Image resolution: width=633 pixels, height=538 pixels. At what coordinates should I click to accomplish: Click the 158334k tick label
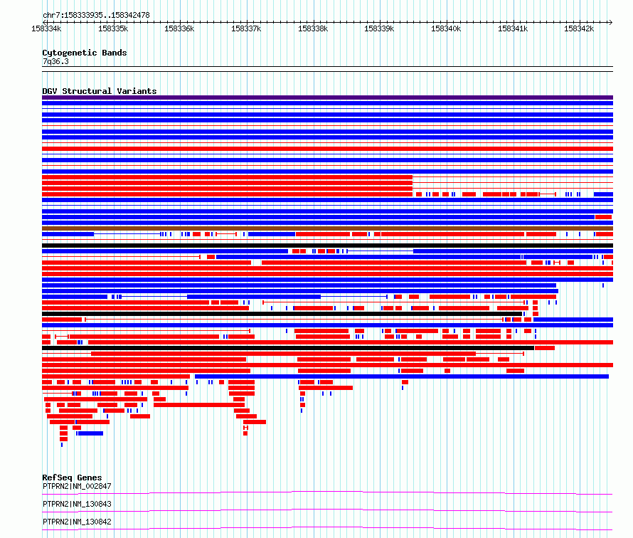coord(46,28)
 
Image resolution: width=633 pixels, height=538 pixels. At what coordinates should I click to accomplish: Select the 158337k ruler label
coord(246,28)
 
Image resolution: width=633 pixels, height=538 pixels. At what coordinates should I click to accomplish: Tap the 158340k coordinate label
coord(446,28)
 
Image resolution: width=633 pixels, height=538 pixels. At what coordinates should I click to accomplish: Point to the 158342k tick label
coord(579,28)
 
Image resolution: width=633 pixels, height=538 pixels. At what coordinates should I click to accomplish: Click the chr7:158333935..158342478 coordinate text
coord(96,16)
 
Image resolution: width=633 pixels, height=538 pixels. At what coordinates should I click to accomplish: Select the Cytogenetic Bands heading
coord(85,53)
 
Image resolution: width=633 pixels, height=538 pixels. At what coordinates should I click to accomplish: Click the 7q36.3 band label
coord(55,61)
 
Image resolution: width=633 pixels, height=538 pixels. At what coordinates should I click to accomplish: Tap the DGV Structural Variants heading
coord(100,91)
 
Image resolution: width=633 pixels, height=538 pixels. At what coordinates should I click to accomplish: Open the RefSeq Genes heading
coord(72,478)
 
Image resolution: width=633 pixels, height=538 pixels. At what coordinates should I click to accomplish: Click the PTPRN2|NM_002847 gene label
coord(77,486)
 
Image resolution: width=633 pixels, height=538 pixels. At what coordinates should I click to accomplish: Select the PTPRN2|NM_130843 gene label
coord(77,504)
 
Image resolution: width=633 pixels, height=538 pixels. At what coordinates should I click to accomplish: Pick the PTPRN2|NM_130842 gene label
coord(77,522)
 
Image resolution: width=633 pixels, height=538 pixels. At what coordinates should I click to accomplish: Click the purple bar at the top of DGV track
coord(327,97)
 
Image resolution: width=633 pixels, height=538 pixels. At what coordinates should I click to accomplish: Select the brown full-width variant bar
coord(327,228)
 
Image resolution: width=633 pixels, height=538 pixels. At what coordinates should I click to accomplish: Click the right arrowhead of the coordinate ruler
coord(611,22)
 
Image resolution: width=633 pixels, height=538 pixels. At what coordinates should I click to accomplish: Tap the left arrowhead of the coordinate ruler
coord(44,22)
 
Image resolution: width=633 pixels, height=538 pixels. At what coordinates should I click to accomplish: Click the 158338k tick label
coord(313,28)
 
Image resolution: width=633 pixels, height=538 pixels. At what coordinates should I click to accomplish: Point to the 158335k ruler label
coord(113,28)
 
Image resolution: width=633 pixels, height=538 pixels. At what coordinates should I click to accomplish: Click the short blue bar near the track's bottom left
coord(90,433)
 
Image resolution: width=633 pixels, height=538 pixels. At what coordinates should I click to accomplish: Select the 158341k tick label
coord(513,28)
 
